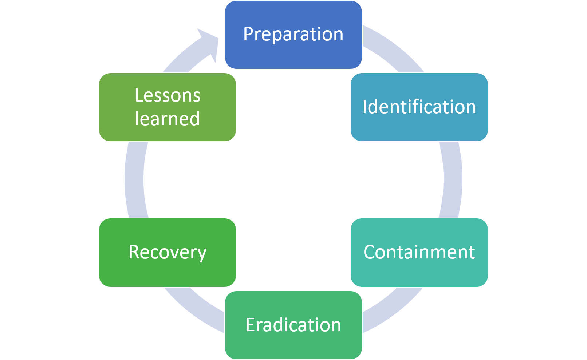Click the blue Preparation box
(x=293, y=35)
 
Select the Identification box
(x=419, y=107)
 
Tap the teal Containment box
(x=419, y=252)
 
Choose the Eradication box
(x=293, y=325)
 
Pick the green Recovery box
(x=168, y=252)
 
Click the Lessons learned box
(x=168, y=107)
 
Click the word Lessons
(x=168, y=95)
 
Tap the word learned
(x=167, y=119)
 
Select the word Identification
(x=419, y=107)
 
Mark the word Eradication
(x=293, y=325)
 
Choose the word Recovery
(x=168, y=253)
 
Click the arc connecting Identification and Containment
(x=453, y=180)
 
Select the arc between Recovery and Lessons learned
(x=134, y=180)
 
